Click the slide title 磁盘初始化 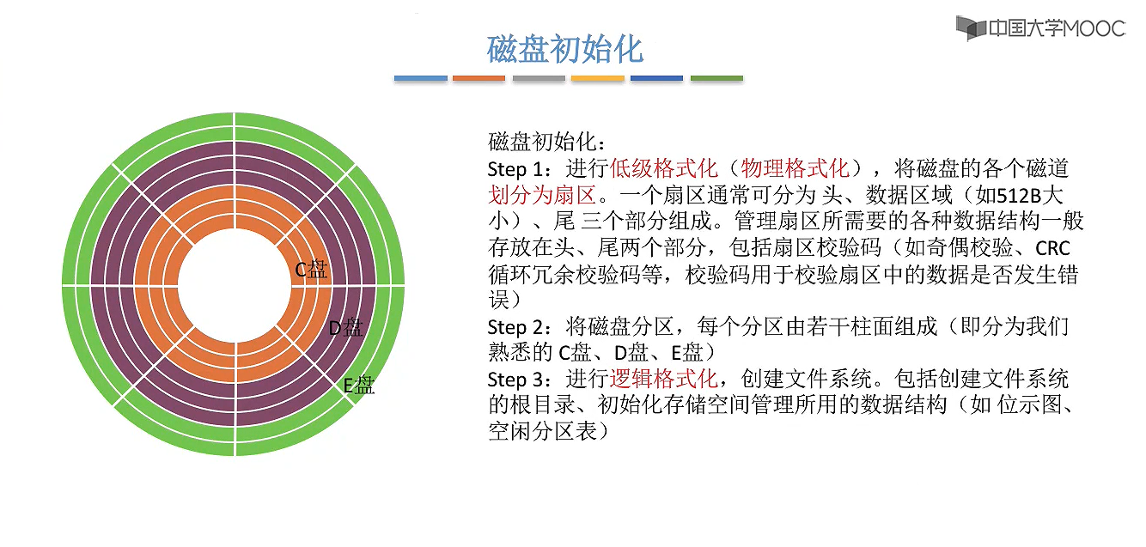coord(565,49)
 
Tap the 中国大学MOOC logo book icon coord(972,27)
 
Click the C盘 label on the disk coord(311,270)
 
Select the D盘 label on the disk coord(346,327)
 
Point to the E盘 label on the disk coord(359,385)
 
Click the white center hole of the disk coord(234,284)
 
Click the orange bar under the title coord(479,78)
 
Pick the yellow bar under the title coord(597,78)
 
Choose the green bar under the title coord(716,78)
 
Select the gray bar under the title coord(539,78)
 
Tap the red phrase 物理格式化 coord(795,168)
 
